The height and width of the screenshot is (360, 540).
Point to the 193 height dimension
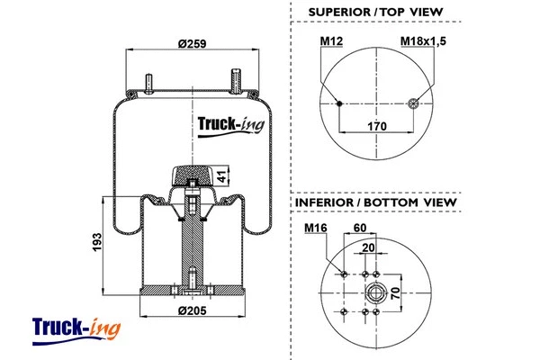(x=96, y=242)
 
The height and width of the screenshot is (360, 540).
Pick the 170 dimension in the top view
(x=376, y=127)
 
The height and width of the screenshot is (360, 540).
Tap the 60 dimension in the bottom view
(x=360, y=229)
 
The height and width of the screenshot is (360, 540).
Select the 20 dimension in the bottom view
(x=368, y=247)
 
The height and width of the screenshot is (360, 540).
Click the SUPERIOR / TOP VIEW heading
(x=375, y=12)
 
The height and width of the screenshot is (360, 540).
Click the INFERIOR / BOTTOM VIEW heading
(x=376, y=202)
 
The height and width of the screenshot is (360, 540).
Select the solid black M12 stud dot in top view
(x=338, y=103)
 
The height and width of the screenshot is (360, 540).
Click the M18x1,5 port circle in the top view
(x=414, y=103)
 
